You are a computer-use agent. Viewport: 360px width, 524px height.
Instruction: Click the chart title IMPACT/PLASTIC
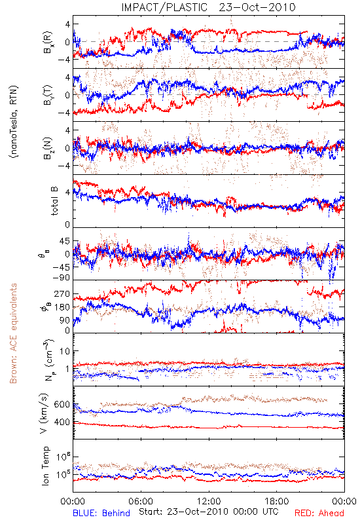pyautogui.click(x=164, y=7)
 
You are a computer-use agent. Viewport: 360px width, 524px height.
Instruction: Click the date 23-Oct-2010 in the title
pyautogui.click(x=257, y=7)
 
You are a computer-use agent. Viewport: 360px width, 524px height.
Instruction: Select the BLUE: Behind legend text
pyautogui.click(x=101, y=513)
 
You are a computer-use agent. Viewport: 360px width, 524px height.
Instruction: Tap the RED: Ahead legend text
pyautogui.click(x=319, y=513)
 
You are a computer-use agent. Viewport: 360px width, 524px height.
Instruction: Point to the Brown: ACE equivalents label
pyautogui.click(x=13, y=333)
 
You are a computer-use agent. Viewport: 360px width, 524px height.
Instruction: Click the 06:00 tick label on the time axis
pyautogui.click(x=141, y=501)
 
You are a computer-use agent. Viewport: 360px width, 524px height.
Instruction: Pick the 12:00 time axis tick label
pyautogui.click(x=209, y=501)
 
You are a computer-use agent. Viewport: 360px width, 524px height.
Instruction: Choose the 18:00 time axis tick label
pyautogui.click(x=277, y=501)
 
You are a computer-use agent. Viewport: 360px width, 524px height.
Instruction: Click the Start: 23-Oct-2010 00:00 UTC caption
pyautogui.click(x=208, y=512)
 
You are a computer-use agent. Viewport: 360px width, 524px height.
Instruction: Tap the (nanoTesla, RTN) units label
pyautogui.click(x=14, y=122)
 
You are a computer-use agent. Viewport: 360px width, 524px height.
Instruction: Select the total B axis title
pyautogui.click(x=54, y=201)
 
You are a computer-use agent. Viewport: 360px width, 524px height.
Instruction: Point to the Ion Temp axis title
pyautogui.click(x=45, y=466)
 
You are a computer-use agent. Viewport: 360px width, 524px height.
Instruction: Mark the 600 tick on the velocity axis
pyautogui.click(x=62, y=404)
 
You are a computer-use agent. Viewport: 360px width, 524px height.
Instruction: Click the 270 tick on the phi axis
pyautogui.click(x=62, y=293)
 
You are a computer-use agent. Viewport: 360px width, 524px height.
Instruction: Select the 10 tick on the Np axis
pyautogui.click(x=65, y=351)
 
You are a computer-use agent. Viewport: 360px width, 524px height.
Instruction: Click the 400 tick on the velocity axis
pyautogui.click(x=62, y=422)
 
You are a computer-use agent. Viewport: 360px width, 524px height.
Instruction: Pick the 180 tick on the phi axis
pyautogui.click(x=62, y=307)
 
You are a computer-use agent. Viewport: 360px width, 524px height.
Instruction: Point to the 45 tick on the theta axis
pyautogui.click(x=65, y=241)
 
